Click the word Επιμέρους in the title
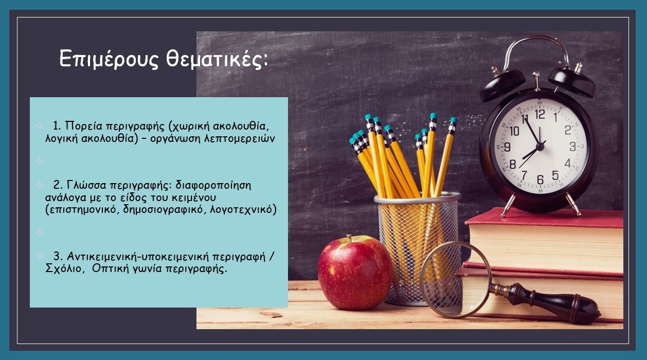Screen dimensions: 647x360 coord(109,59)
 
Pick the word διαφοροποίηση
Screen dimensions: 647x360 coord(213,185)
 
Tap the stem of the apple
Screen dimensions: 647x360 coord(350,238)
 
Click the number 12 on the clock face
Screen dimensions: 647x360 coord(540,114)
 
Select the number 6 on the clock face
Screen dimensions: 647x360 coord(540,179)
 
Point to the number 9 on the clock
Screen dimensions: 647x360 coord(507,147)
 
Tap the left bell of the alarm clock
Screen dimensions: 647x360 coord(502,84)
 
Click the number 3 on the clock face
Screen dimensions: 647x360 coord(572,147)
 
